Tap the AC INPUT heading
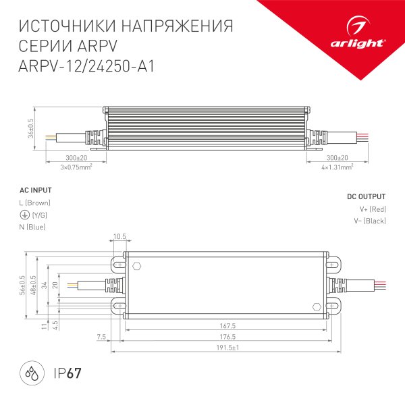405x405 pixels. click(x=34, y=190)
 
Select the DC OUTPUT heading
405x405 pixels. click(x=366, y=196)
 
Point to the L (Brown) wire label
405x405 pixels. click(x=34, y=202)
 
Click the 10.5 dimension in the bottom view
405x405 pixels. click(x=119, y=236)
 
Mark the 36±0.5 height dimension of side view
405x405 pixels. click(x=31, y=128)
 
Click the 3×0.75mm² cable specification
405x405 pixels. click(x=76, y=166)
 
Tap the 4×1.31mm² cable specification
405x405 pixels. click(x=337, y=166)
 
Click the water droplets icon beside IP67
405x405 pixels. click(x=31, y=373)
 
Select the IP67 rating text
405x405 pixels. click(x=67, y=373)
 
